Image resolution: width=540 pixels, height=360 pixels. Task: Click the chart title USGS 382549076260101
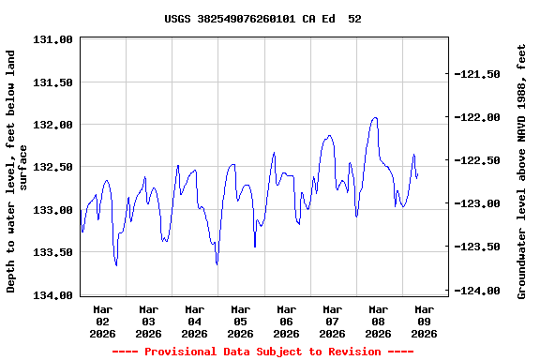262,19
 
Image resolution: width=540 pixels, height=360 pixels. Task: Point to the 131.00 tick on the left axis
53,39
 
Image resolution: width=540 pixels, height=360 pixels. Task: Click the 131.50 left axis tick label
53,82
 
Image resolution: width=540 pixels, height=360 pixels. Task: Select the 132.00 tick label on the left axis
53,125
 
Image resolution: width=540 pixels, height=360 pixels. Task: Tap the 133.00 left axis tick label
53,210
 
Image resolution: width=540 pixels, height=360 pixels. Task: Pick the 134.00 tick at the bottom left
53,295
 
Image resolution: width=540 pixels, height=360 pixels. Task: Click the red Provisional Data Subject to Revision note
262,352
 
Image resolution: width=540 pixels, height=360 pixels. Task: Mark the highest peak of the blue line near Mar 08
375,118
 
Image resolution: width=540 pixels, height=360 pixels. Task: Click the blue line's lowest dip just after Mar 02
116,265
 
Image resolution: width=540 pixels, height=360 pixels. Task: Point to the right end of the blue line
417,176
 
